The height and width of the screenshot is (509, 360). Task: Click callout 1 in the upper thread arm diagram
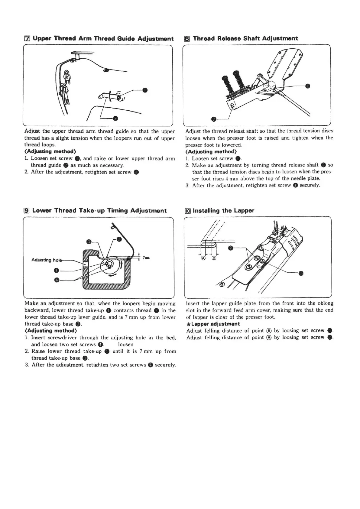145,90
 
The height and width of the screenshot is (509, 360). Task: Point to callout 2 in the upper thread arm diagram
115,118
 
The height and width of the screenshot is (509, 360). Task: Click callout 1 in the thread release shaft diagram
308,86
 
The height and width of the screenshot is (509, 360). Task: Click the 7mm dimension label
146,258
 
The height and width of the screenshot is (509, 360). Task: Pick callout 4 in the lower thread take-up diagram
56,280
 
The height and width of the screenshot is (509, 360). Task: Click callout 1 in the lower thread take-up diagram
56,270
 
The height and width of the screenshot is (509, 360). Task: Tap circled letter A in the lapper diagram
203,258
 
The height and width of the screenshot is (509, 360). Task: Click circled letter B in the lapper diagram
214,258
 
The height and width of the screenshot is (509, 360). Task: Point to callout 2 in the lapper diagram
231,248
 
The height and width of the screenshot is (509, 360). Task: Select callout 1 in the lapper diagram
301,274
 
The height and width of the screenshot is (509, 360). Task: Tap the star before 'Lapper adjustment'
189,324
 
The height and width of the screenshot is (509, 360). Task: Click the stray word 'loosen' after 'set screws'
125,345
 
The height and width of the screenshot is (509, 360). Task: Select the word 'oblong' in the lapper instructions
325,303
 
